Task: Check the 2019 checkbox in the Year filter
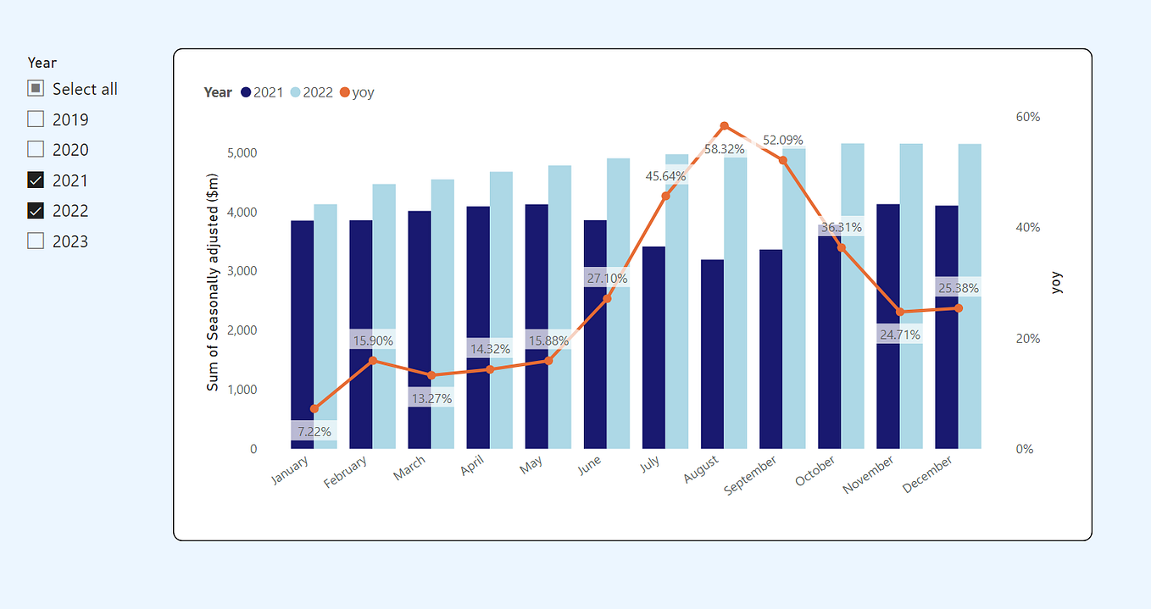pos(36,119)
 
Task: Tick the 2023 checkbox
pos(36,241)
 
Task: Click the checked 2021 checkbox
pos(36,180)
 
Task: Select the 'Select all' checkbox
pos(36,89)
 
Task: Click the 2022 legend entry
pos(311,92)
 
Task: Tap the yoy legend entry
pos(356,92)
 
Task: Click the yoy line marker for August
pos(724,126)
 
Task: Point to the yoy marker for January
pos(314,409)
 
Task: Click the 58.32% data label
pos(724,149)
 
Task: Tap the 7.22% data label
pos(314,431)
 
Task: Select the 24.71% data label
pos(899,335)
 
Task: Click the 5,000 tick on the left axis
pos(242,153)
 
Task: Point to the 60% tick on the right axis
pos(1027,117)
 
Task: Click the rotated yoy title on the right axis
pos(1056,283)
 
